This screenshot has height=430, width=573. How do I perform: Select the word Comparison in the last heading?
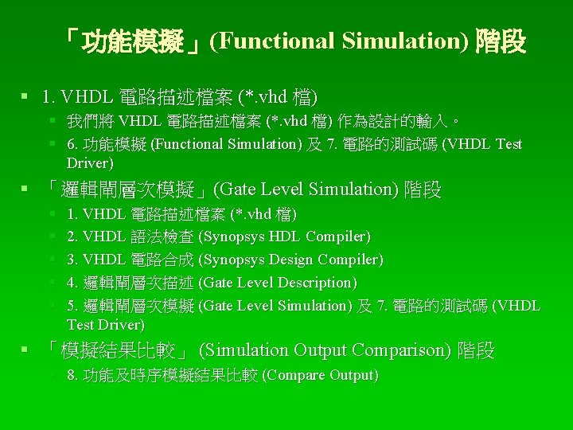401,350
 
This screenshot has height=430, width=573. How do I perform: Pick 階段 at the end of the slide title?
501,42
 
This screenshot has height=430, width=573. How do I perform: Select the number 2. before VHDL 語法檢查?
72,236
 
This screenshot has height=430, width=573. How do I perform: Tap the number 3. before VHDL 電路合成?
72,260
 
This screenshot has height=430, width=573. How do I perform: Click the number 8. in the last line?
72,375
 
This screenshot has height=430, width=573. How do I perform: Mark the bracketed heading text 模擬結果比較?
123,350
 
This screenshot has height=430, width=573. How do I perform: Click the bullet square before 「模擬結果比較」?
27,350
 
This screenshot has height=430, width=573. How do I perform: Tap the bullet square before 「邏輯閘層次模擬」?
27,189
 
